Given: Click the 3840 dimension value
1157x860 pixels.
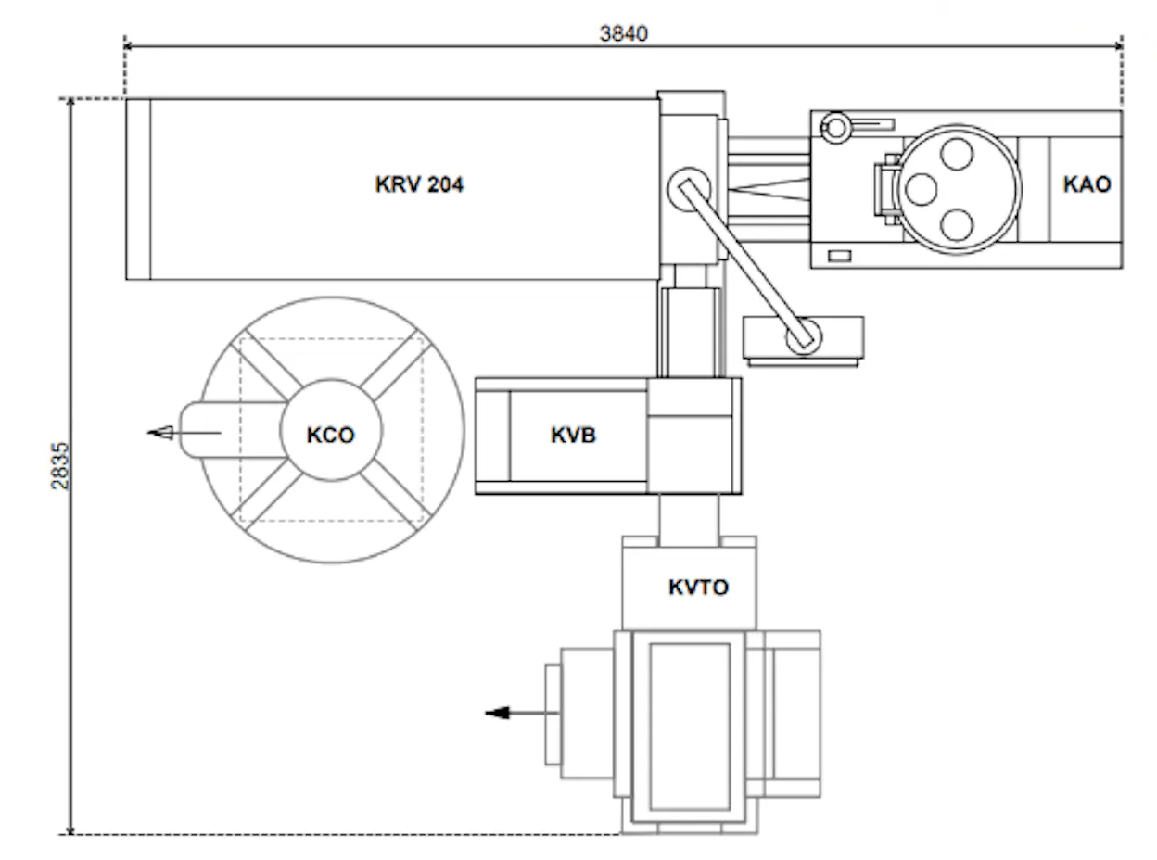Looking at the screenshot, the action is [x=623, y=34].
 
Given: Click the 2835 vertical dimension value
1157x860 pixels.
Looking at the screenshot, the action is [x=60, y=466].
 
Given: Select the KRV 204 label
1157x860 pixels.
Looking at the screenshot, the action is [x=419, y=184].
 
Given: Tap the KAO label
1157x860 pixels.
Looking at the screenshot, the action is [x=1087, y=184].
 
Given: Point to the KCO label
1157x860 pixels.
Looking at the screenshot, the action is [x=331, y=435].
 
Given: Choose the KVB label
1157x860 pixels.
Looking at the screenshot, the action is [x=573, y=435].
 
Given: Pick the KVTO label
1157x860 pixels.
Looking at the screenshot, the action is [x=698, y=588].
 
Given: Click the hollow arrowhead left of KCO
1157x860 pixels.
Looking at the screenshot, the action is [x=160, y=433].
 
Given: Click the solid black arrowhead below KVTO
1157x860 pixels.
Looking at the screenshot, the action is [x=497, y=713].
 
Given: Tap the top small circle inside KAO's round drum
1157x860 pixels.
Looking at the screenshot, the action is [x=956, y=154].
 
